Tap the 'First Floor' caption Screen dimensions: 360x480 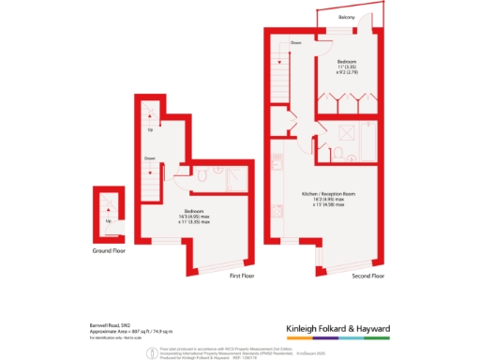point(242,277)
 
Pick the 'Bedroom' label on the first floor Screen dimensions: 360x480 point(194,210)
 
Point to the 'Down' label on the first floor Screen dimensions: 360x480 point(149,158)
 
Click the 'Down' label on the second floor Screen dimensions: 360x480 point(295,43)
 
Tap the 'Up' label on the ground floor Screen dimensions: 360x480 point(109,221)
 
